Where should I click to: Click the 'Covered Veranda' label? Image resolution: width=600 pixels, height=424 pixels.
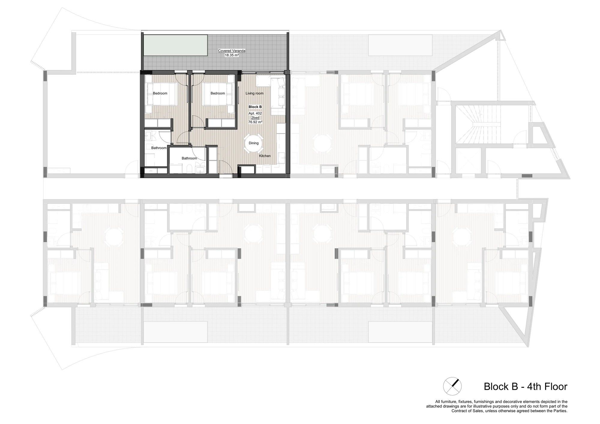point(232,51)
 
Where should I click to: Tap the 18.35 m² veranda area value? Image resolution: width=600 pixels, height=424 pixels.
point(232,55)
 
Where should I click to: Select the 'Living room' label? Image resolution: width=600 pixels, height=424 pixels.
point(254,93)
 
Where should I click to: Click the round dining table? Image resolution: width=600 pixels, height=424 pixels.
point(253,143)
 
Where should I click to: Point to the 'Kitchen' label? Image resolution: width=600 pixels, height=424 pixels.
point(265,156)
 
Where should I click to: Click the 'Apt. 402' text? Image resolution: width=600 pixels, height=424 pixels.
point(255,113)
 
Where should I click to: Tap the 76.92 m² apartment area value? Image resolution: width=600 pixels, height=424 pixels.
point(255,122)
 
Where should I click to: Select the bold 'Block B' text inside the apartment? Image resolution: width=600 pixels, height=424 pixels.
point(255,107)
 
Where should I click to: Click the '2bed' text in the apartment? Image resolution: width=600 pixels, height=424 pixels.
point(255,118)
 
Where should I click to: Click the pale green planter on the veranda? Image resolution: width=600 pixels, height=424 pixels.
point(175,45)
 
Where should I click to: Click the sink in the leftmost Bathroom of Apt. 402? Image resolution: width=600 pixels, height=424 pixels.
point(148,136)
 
